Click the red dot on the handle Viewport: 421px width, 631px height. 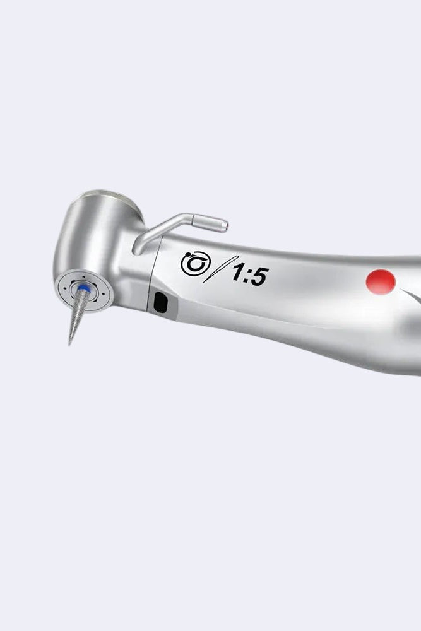tap(381, 281)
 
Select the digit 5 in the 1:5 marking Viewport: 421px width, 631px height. tap(259, 276)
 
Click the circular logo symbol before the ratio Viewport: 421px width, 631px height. tap(196, 264)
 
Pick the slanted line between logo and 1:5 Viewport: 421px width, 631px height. tap(220, 269)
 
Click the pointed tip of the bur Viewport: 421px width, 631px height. tap(69, 345)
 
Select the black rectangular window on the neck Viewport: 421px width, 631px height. tap(160, 302)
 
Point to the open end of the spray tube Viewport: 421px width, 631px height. tap(227, 226)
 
